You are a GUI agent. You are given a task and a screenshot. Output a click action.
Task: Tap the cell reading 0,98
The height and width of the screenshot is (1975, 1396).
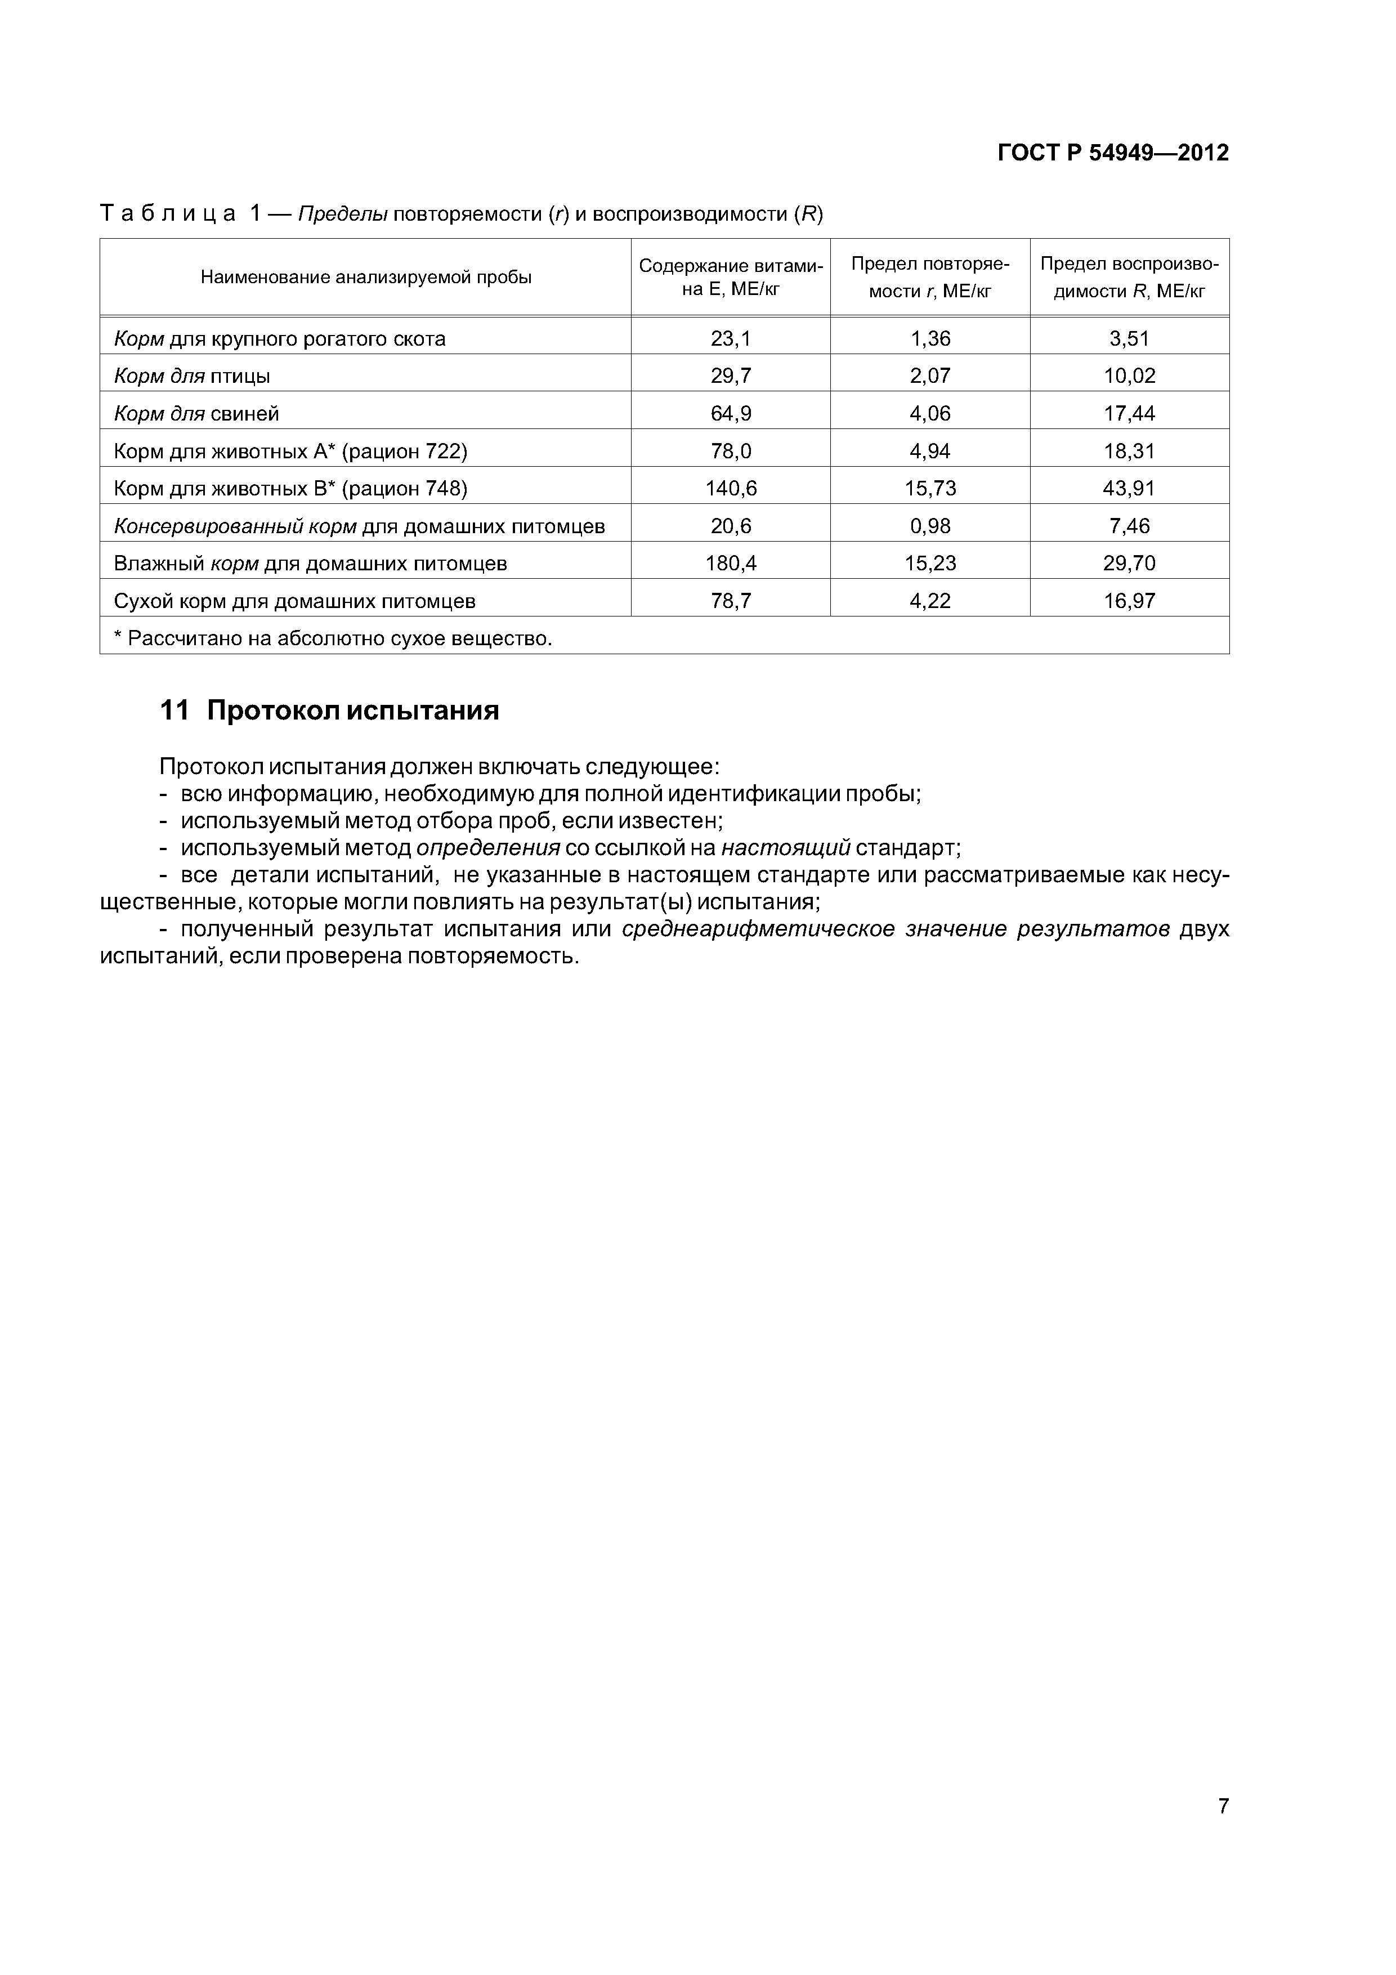click(x=930, y=526)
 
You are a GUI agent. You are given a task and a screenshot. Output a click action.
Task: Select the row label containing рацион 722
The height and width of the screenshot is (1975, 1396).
click(x=290, y=452)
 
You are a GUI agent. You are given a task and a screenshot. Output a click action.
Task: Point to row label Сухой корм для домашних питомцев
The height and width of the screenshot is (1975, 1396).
click(x=294, y=601)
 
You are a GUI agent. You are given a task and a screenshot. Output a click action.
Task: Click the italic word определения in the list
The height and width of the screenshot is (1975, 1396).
click(x=487, y=848)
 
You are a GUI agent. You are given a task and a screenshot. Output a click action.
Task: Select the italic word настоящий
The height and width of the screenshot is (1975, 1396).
click(x=785, y=848)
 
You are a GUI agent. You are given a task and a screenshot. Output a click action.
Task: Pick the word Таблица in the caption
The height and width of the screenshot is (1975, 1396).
click(x=168, y=213)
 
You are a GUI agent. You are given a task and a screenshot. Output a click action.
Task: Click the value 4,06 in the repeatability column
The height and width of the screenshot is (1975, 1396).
click(x=930, y=414)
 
